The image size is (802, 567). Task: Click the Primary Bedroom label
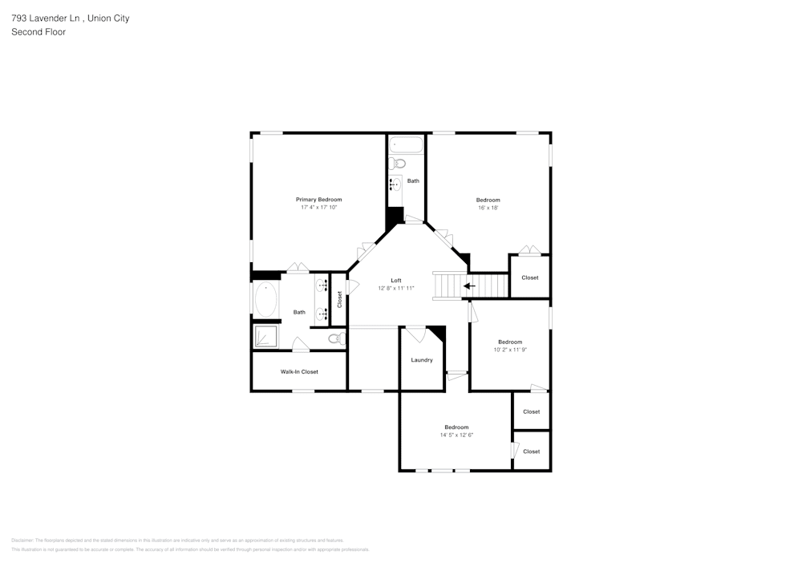click(x=318, y=200)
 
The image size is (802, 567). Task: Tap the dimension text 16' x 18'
click(x=488, y=208)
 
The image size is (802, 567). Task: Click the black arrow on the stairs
click(x=469, y=286)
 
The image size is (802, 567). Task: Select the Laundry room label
click(x=422, y=360)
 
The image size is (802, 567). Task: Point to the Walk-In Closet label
click(x=299, y=372)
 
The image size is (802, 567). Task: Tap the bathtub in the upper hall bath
click(x=406, y=145)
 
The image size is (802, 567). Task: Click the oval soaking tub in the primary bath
click(x=266, y=301)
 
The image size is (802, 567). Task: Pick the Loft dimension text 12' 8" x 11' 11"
click(x=396, y=288)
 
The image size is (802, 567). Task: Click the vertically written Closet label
click(x=339, y=299)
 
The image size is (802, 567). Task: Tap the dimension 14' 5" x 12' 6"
click(x=456, y=435)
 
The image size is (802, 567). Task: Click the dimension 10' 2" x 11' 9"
click(x=509, y=350)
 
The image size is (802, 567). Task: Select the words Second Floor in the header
click(x=38, y=32)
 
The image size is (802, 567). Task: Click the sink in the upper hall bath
click(x=395, y=184)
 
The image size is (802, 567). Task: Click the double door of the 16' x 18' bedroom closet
click(x=529, y=250)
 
